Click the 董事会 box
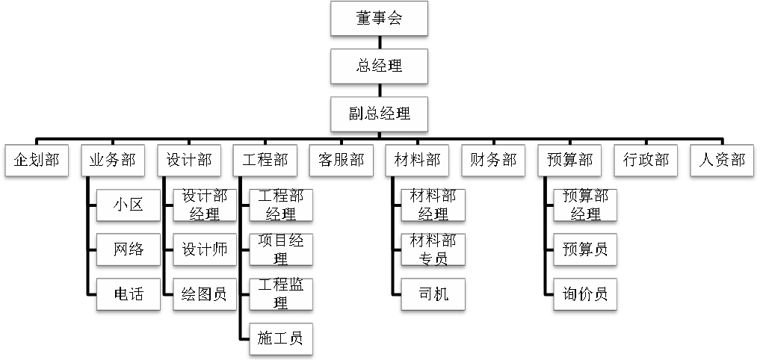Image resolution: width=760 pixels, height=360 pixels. tap(379, 19)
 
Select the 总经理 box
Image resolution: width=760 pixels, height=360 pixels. tap(379, 66)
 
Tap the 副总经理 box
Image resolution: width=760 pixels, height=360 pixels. tap(379, 114)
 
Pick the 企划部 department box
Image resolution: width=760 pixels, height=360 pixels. tap(36, 161)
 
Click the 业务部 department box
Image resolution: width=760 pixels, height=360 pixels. tap(112, 161)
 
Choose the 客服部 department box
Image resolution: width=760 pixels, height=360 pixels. tap(341, 161)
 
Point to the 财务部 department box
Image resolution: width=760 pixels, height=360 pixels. tap(493, 161)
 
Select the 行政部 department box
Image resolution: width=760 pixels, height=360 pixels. tap(646, 161)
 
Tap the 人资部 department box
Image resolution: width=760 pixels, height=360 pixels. tap(722, 161)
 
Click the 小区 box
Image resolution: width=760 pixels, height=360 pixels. tap(129, 205)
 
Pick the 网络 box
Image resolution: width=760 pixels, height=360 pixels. tap(129, 249)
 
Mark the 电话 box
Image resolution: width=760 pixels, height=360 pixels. tap(129, 294)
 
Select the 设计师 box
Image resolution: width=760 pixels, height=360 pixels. tap(205, 249)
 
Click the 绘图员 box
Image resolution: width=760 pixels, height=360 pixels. tap(205, 294)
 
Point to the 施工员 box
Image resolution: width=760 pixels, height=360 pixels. tap(281, 338)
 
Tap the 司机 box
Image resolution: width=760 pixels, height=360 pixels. tap(433, 294)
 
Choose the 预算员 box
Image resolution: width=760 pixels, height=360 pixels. tap(585, 249)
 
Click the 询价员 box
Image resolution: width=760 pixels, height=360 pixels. tap(585, 294)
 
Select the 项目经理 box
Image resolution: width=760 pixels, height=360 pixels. tap(281, 249)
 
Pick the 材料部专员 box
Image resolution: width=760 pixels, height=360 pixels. tap(433, 249)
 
